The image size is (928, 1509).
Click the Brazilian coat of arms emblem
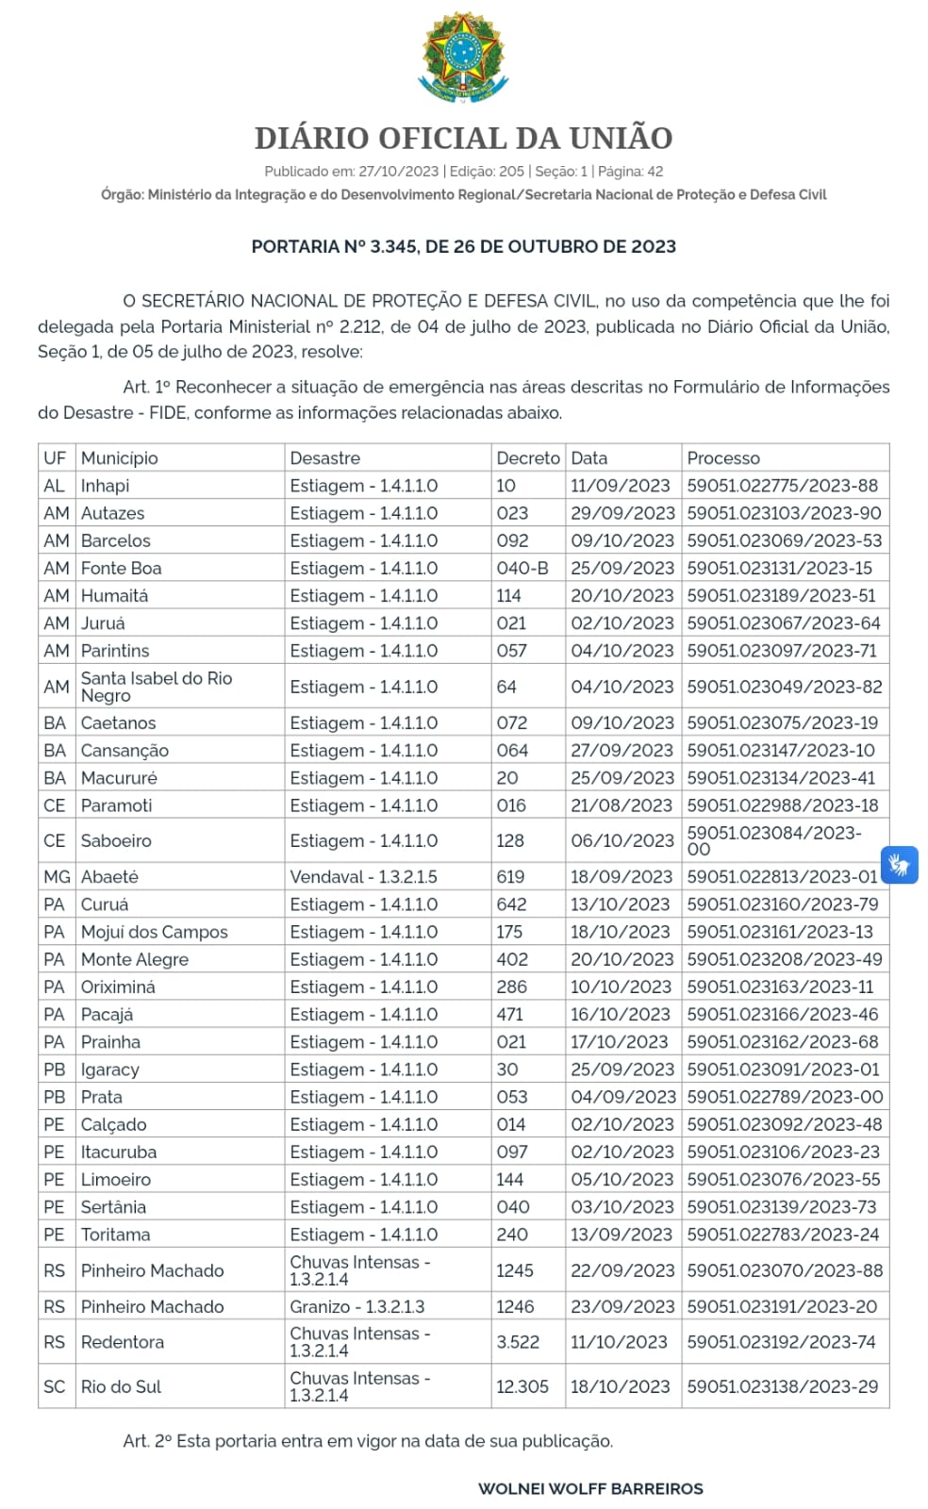[x=463, y=58]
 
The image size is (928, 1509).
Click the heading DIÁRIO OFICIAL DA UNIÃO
[x=463, y=138]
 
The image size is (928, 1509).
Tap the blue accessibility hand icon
[x=900, y=864]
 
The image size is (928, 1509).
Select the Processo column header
[x=723, y=458]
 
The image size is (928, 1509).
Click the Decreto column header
[x=527, y=458]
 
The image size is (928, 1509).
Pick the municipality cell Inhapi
[x=106, y=486]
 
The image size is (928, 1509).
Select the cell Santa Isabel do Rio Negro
[x=157, y=687]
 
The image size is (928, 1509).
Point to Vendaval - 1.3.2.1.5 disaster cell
[x=363, y=877]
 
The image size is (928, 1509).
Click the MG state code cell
[x=57, y=877]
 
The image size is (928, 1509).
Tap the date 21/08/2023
[x=621, y=805]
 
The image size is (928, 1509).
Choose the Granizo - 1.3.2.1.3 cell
[x=357, y=1306]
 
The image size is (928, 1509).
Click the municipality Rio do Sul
[x=122, y=1386]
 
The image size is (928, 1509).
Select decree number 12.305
[x=522, y=1386]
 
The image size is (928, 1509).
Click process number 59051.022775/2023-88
[x=782, y=486]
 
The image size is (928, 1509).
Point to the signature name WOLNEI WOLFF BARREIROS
[x=590, y=1488]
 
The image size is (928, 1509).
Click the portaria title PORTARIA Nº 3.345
[x=463, y=247]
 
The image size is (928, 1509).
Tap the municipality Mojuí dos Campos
[x=155, y=932]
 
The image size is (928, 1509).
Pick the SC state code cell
[x=55, y=1386]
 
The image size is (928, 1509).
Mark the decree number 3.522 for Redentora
[x=518, y=1342]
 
